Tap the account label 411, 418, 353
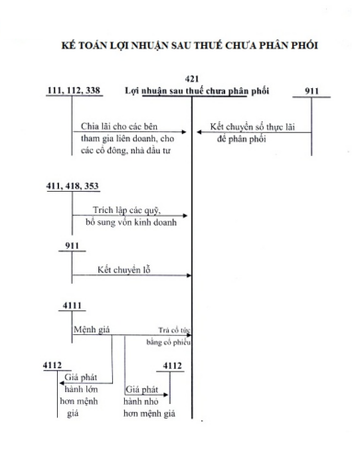(73, 186)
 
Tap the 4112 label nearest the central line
(172, 365)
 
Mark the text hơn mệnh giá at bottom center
(149, 413)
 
